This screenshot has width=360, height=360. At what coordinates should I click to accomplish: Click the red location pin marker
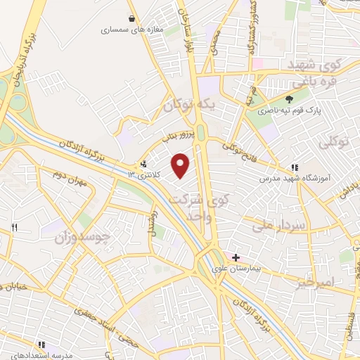(181, 165)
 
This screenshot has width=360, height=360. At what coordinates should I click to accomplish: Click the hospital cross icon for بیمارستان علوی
(236, 257)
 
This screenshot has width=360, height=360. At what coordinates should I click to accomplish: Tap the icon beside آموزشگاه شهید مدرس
(294, 168)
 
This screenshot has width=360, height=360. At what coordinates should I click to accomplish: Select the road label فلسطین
(350, 330)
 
